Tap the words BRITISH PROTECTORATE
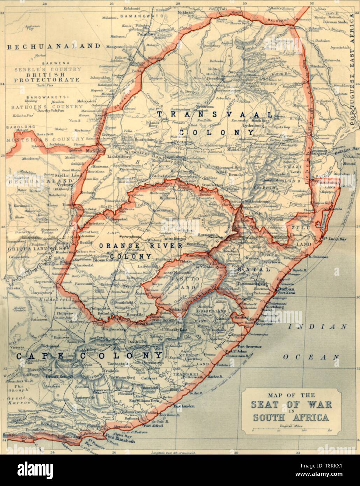click(x=46, y=77)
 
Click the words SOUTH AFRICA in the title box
click(x=291, y=418)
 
